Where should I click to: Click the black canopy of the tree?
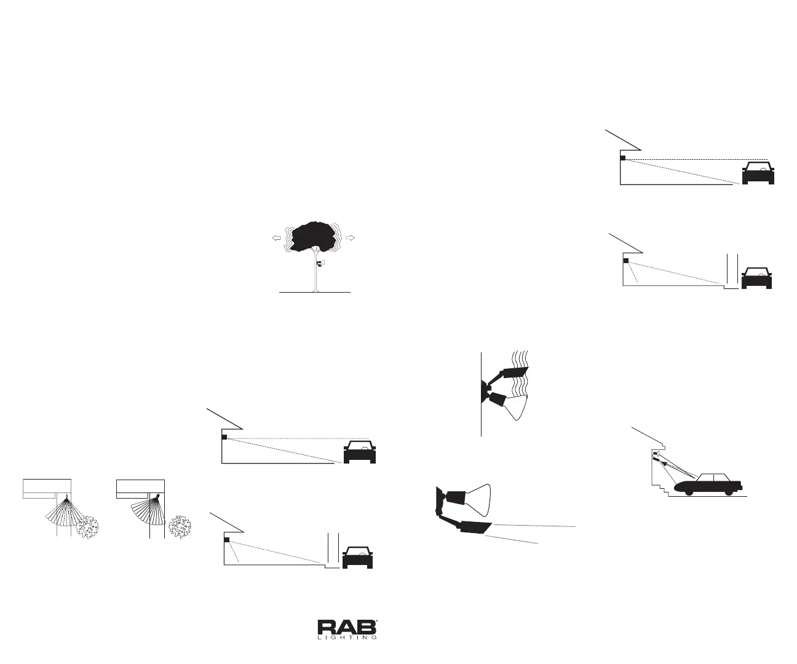coord(314,237)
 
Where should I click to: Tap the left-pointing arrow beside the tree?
coord(277,238)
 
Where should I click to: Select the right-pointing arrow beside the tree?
coord(352,238)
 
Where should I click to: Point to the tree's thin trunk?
coord(315,277)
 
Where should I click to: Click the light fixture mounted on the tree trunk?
coord(320,264)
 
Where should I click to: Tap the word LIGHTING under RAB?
coord(347,638)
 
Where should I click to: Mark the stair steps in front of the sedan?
coord(659,486)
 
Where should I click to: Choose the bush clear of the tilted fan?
coord(180,526)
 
